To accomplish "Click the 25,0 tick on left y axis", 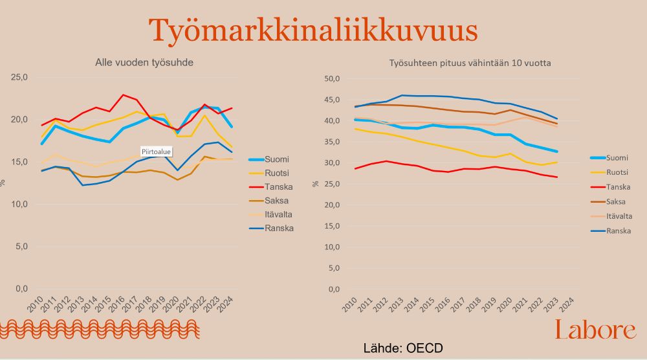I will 20,77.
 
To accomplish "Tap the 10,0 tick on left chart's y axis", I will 20,204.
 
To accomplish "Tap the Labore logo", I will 595,330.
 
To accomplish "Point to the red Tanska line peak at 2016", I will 123,95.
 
